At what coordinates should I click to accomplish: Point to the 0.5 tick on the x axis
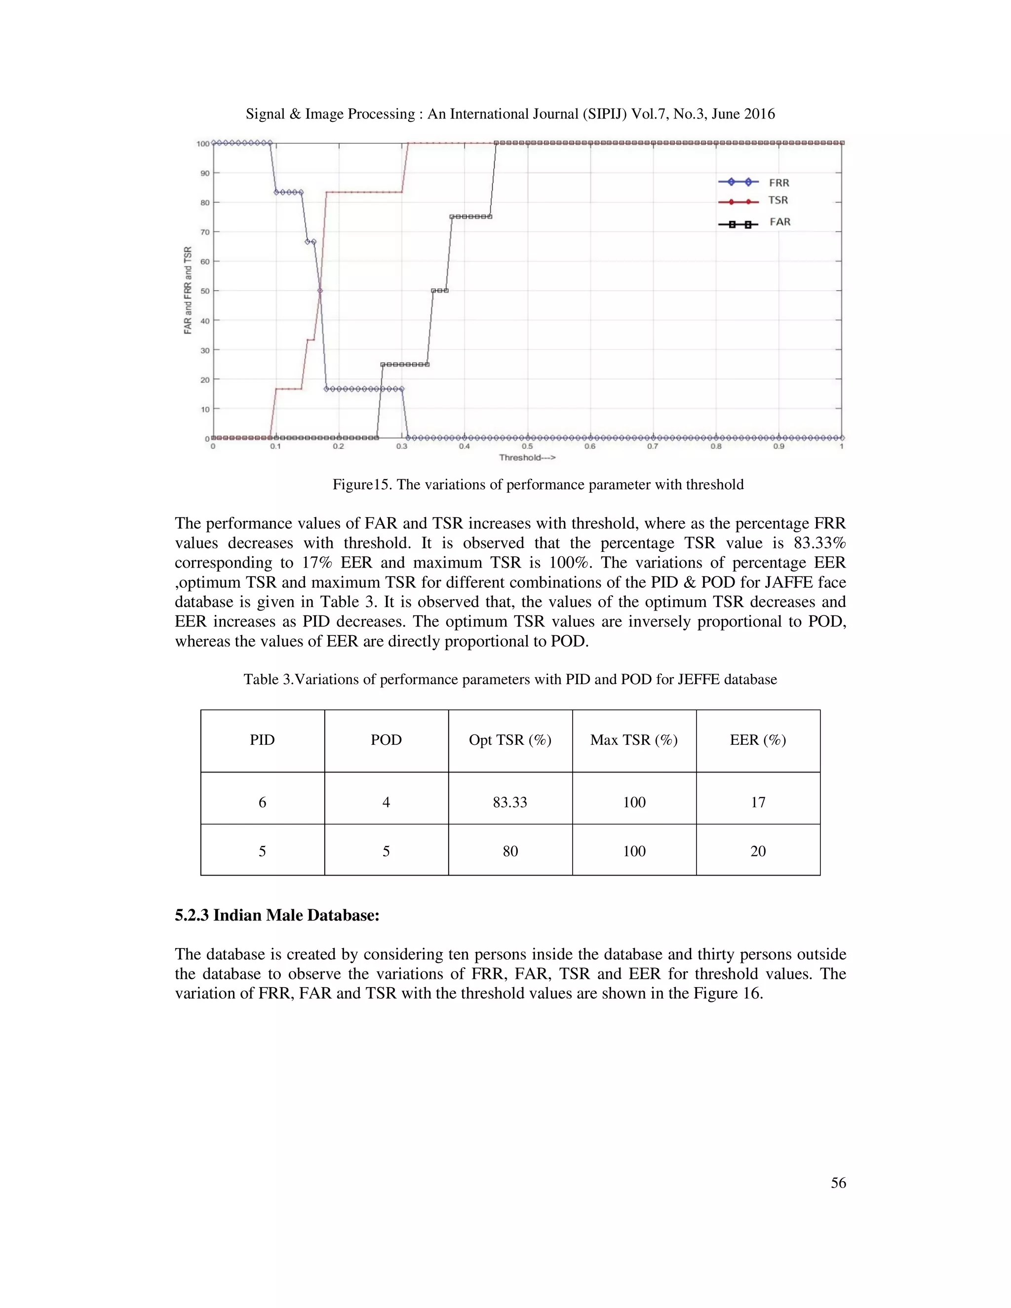527,447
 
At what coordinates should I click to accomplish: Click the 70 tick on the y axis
205,232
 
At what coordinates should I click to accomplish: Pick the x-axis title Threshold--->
527,458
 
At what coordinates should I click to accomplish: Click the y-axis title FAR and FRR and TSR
188,290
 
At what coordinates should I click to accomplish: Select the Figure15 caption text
538,485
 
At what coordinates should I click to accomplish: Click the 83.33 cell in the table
509,803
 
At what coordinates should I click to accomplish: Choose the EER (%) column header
758,740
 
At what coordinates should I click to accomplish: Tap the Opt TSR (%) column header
509,740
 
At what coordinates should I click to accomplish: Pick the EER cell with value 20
758,851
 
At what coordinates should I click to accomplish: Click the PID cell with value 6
262,803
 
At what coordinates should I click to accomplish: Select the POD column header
386,740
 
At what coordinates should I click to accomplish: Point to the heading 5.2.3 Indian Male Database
277,916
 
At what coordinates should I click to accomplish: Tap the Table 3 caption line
509,680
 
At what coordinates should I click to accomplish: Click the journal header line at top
509,114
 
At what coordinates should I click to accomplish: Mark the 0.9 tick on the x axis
778,447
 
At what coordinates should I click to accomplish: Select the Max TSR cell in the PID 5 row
634,851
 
